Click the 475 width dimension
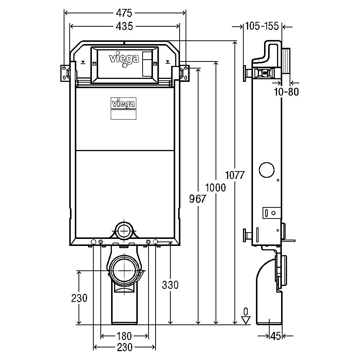pyautogui.click(x=124, y=13)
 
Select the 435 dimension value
pyautogui.click(x=124, y=26)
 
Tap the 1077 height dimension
pyautogui.click(x=235, y=175)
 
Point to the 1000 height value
pyautogui.click(x=215, y=187)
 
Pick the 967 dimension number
pyautogui.click(x=198, y=199)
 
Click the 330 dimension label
pyautogui.click(x=170, y=285)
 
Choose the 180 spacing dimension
pyautogui.click(x=124, y=336)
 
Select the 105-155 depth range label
pyautogui.click(x=262, y=26)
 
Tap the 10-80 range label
pyautogui.click(x=287, y=92)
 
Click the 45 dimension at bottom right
pyautogui.click(x=276, y=336)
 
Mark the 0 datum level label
pyautogui.click(x=246, y=312)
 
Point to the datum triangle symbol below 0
pyautogui.click(x=246, y=320)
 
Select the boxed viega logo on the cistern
pyautogui.click(x=124, y=103)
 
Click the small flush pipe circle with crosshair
pyautogui.click(x=124, y=231)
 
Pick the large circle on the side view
pyautogui.click(x=267, y=170)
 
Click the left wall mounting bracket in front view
pyautogui.click(x=66, y=73)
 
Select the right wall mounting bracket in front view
pyautogui.click(x=184, y=73)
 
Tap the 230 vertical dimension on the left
pyautogui.click(x=79, y=298)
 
